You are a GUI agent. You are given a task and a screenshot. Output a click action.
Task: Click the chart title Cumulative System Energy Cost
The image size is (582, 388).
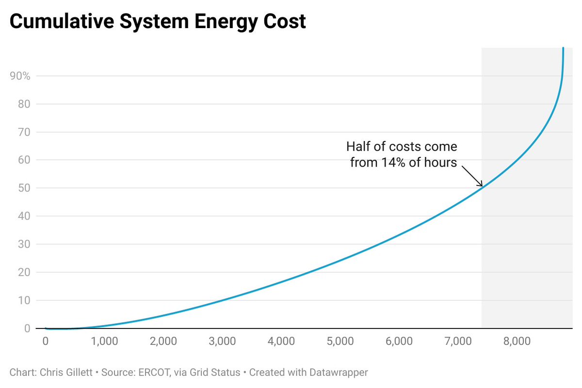point(158,22)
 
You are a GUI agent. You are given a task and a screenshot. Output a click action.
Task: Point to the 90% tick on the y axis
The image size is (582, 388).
point(20,76)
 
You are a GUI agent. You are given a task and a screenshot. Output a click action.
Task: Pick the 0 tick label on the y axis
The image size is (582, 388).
point(27,328)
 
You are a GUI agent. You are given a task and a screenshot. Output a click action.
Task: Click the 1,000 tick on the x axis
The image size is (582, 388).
point(104,341)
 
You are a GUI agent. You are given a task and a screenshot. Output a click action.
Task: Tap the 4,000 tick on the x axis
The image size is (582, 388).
point(281,341)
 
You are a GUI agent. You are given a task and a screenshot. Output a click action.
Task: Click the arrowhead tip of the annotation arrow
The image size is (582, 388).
point(482,186)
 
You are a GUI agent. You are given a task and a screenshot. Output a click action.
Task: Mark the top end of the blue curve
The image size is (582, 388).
point(563,48)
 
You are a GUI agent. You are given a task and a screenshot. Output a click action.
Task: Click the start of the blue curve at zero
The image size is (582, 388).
point(46,328)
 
